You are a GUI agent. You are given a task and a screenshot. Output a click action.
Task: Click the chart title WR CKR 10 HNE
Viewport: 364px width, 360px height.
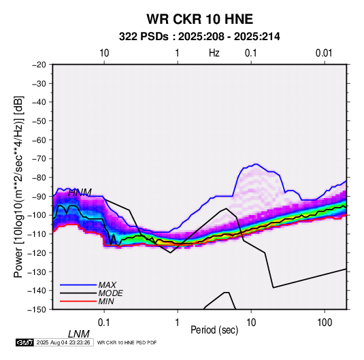click(x=199, y=19)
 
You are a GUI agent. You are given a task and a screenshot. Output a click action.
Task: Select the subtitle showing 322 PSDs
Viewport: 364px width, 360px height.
click(x=199, y=37)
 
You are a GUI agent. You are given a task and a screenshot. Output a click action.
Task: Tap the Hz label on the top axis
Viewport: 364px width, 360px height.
click(x=214, y=53)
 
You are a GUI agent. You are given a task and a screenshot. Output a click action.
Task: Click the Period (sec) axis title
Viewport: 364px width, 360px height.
click(x=214, y=330)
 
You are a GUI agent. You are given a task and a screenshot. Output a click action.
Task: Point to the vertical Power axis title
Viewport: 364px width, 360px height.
click(x=18, y=187)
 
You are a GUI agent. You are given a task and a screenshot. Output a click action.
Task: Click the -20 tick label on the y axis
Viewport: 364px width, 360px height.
click(x=39, y=65)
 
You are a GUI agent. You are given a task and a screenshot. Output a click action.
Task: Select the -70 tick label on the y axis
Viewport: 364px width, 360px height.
click(x=39, y=159)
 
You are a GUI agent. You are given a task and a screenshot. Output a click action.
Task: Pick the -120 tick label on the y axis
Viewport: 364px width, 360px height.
click(x=37, y=253)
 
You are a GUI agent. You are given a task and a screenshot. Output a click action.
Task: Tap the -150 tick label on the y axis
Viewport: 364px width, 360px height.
click(x=37, y=310)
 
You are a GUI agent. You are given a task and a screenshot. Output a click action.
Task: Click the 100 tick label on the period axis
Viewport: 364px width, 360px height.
click(x=325, y=323)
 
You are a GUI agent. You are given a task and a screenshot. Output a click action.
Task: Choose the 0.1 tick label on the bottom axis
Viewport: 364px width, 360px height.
click(x=104, y=323)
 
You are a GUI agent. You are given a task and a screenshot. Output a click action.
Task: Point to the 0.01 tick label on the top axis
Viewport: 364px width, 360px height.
click(x=324, y=53)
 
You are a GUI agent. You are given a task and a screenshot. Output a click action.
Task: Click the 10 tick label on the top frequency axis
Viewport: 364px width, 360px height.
click(x=104, y=53)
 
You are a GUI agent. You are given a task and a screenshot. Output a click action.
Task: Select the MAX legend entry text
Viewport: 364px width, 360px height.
click(x=107, y=285)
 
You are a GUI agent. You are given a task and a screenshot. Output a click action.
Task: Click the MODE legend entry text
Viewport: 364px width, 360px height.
click(x=110, y=293)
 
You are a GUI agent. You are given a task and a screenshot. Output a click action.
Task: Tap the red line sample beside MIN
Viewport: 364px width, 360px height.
click(x=78, y=301)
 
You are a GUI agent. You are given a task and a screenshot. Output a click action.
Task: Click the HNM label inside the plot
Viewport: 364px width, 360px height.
click(x=80, y=193)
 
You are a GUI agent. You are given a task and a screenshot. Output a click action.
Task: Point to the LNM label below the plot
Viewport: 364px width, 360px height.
click(x=79, y=334)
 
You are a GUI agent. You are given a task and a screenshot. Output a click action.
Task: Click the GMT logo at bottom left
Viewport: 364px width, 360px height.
click(x=25, y=342)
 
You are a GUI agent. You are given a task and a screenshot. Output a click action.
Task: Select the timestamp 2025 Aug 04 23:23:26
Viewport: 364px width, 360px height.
click(x=63, y=342)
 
